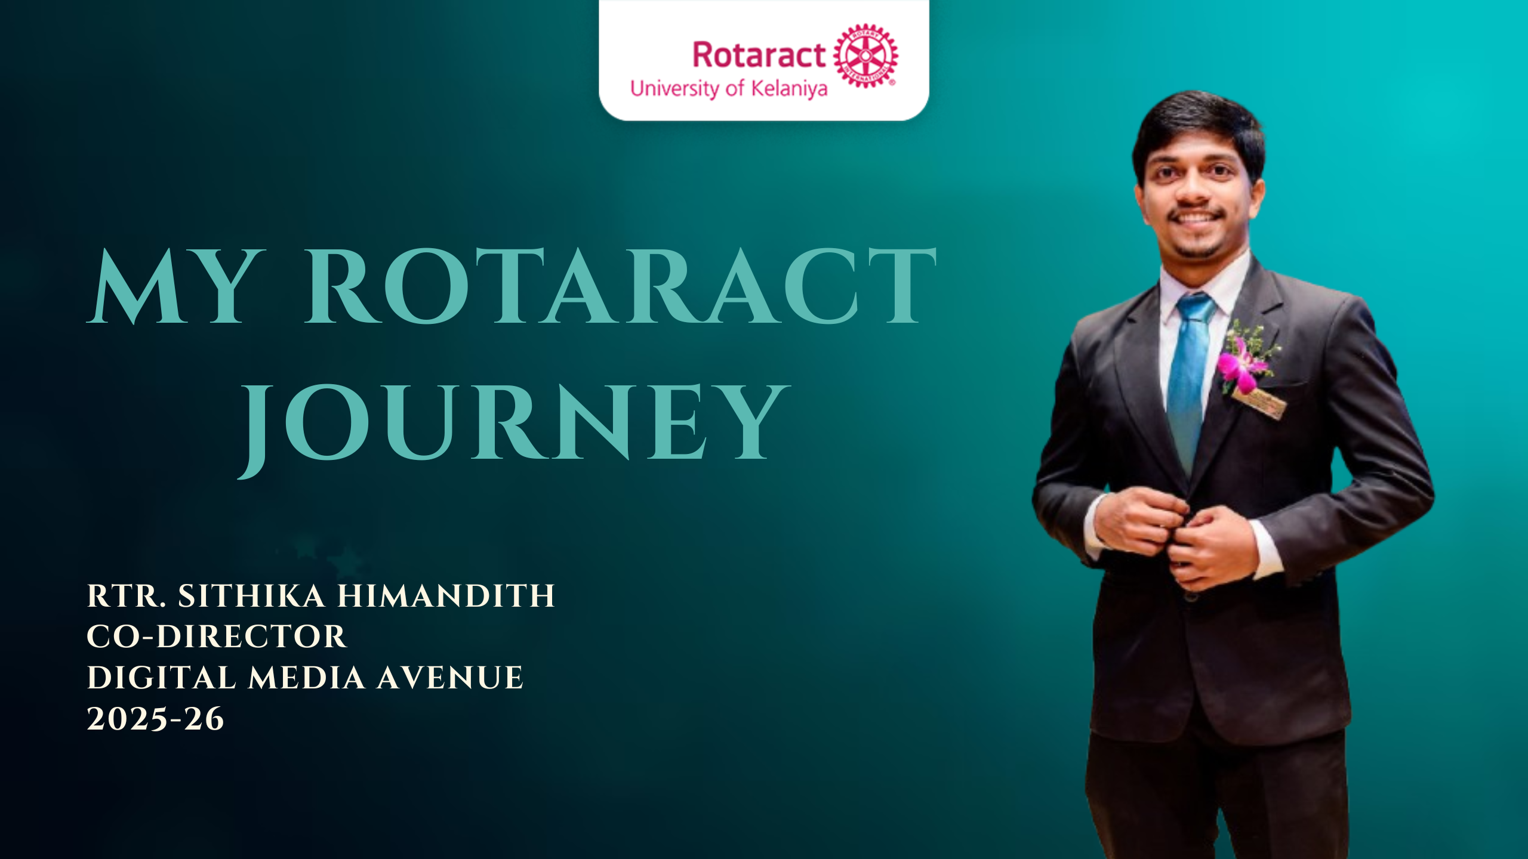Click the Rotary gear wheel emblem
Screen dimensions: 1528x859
point(865,55)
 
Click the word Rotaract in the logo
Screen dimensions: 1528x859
point(759,55)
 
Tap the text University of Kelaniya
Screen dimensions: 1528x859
point(729,89)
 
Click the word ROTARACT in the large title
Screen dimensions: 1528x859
point(621,286)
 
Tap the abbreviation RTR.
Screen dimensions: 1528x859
point(126,596)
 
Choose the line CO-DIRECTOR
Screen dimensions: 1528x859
point(217,636)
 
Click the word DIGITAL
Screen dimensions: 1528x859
point(162,678)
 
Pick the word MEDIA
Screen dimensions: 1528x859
point(307,678)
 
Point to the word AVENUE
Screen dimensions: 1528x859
point(450,678)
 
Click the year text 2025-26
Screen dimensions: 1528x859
point(155,719)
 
